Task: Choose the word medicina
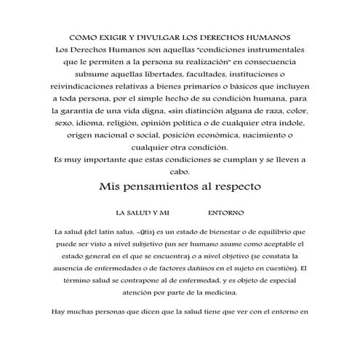tap(217, 293)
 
